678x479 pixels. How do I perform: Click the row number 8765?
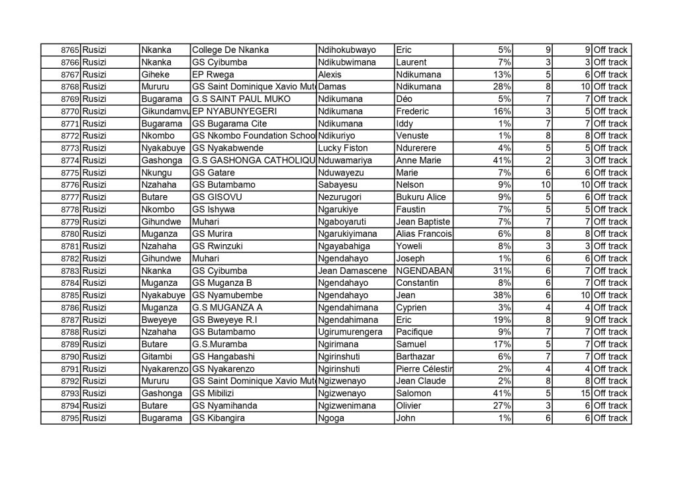coord(70,50)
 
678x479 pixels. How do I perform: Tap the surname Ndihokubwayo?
coord(347,50)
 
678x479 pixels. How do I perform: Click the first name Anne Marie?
coord(418,161)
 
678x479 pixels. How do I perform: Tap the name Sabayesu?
coord(339,185)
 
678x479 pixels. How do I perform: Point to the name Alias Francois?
coord(423,234)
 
